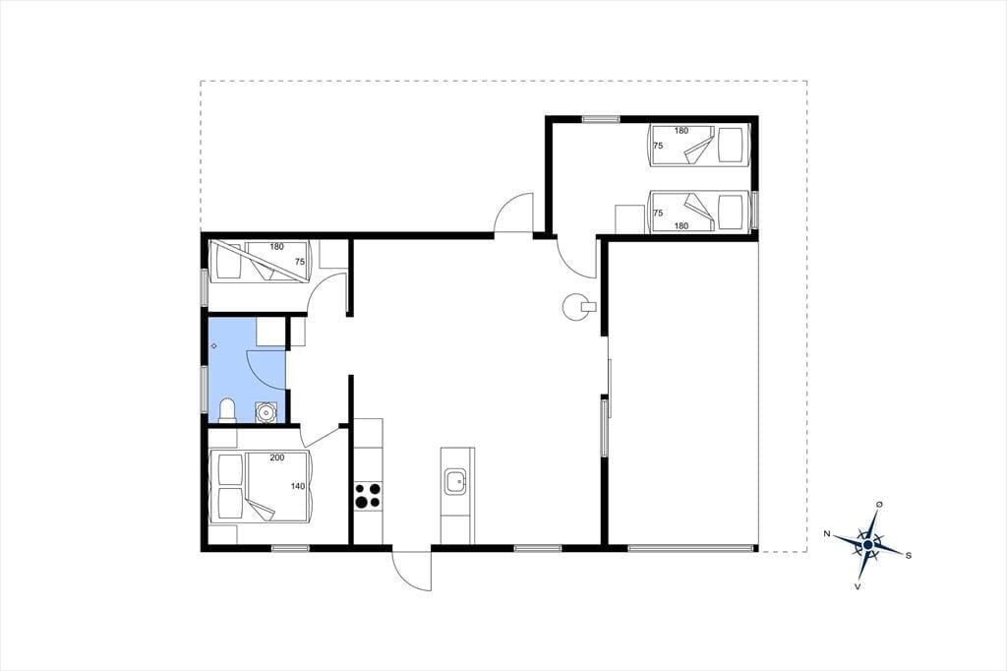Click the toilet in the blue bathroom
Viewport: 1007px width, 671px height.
click(x=227, y=410)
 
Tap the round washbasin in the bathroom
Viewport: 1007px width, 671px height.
click(x=266, y=411)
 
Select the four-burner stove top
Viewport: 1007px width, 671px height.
click(x=368, y=496)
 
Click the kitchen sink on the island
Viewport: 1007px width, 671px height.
click(x=456, y=481)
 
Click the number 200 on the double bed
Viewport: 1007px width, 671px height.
click(x=276, y=457)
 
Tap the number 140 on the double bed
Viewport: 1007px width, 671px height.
click(x=297, y=486)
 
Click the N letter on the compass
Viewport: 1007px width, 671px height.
click(x=827, y=533)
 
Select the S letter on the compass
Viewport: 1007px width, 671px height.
click(x=908, y=556)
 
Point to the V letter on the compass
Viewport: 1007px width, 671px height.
click(x=858, y=586)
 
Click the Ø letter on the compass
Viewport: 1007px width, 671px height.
click(x=879, y=504)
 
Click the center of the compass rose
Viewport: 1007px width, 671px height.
click(x=868, y=545)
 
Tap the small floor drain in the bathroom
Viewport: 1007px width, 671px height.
click(x=213, y=346)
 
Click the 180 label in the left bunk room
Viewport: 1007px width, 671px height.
click(x=276, y=246)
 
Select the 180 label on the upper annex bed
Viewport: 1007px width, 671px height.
click(x=681, y=131)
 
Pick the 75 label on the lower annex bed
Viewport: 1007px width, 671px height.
click(x=658, y=213)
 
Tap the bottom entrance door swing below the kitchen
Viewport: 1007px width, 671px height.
click(x=412, y=571)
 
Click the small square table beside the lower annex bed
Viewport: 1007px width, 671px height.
click(x=629, y=219)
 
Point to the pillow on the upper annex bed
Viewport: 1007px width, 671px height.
click(x=731, y=146)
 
